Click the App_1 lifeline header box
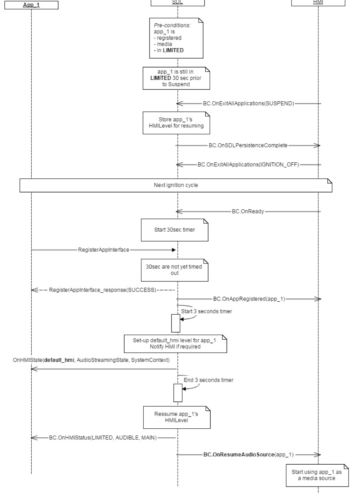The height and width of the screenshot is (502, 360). (x=31, y=5)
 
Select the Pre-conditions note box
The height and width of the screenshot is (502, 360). (x=176, y=38)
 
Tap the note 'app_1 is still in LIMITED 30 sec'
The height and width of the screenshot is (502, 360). (x=176, y=78)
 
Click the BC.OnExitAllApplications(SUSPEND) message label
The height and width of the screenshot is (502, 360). (x=248, y=103)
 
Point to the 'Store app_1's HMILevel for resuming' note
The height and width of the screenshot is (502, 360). (x=176, y=123)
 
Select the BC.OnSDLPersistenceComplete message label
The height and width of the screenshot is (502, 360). (x=248, y=145)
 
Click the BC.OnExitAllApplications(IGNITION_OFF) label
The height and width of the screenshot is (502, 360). (x=248, y=164)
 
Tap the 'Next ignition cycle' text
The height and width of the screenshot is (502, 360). (x=176, y=185)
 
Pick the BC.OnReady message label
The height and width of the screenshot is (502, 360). (x=248, y=212)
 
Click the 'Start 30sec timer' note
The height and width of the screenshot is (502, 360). (x=174, y=230)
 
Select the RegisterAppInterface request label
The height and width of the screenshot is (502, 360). (x=103, y=250)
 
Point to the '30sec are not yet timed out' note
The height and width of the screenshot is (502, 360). (x=174, y=270)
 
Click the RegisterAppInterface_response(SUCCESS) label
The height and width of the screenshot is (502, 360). (x=103, y=290)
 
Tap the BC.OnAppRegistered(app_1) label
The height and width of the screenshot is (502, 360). (x=249, y=299)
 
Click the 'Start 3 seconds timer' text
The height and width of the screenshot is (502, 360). (x=206, y=311)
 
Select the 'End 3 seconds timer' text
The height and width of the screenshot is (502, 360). (x=209, y=380)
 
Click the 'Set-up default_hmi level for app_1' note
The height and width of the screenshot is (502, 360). (x=175, y=344)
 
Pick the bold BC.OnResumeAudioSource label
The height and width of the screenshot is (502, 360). (x=239, y=455)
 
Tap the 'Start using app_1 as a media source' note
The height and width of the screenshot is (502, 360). (x=317, y=475)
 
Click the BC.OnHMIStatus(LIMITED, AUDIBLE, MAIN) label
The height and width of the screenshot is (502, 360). (x=103, y=438)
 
